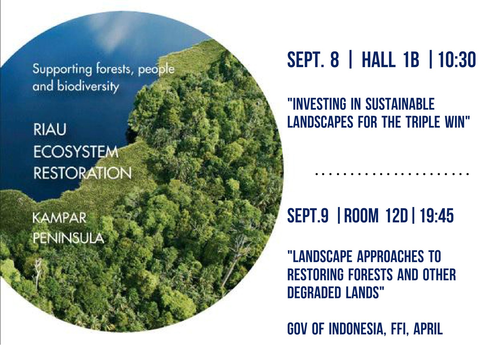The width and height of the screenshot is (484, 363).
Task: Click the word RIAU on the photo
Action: (x=50, y=130)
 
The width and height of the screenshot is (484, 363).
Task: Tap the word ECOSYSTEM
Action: (x=76, y=152)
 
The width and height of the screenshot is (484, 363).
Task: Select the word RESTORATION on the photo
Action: (x=82, y=173)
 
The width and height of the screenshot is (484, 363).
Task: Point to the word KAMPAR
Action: (x=59, y=218)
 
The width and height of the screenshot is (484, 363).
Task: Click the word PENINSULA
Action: (x=68, y=239)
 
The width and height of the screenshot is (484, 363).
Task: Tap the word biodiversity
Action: (x=88, y=87)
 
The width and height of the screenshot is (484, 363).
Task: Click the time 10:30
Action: (x=457, y=60)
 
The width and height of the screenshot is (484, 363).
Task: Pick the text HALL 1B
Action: (x=391, y=60)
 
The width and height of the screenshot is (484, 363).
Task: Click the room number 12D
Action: (x=397, y=216)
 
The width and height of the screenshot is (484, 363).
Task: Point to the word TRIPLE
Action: (x=423, y=122)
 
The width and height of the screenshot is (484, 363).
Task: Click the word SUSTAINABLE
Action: (x=400, y=104)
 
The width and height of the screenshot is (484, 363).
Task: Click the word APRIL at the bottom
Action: (x=428, y=329)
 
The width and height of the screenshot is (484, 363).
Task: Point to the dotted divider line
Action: (x=392, y=174)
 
